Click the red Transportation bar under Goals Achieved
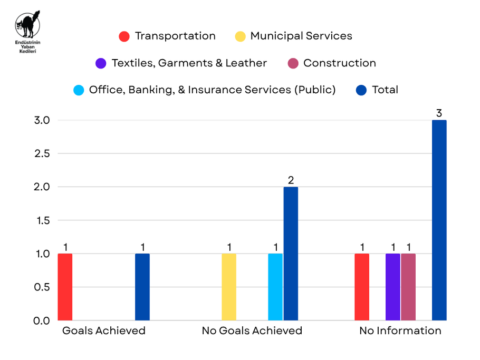pos(65,287)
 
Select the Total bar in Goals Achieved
pos(142,287)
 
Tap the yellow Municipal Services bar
pos(229,287)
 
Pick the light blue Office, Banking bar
pos(275,287)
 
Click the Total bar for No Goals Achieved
pos(291,254)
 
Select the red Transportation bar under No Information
pos(362,287)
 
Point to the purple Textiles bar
pos(393,287)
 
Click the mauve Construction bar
pos(408,287)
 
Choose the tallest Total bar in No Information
pos(439,220)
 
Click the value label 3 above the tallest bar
pos(439,113)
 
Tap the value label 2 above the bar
pos(291,180)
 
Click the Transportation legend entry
pos(167,36)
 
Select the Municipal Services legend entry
pos(294,36)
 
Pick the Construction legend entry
pos(332,63)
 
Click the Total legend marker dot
pos(361,90)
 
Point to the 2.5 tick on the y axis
pos(42,153)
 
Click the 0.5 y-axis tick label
pos(42,287)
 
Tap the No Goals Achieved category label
pos(252,330)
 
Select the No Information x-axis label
pos(400,330)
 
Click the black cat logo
pos(27,24)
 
